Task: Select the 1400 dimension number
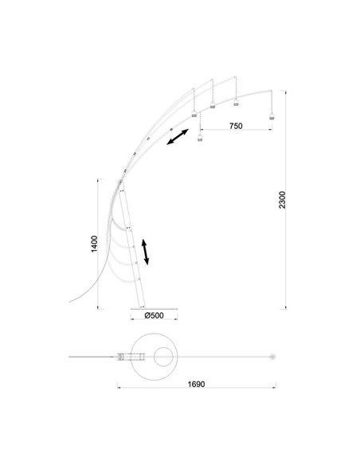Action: click(93, 244)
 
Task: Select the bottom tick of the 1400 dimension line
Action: click(99, 308)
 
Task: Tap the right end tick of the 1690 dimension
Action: click(273, 388)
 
